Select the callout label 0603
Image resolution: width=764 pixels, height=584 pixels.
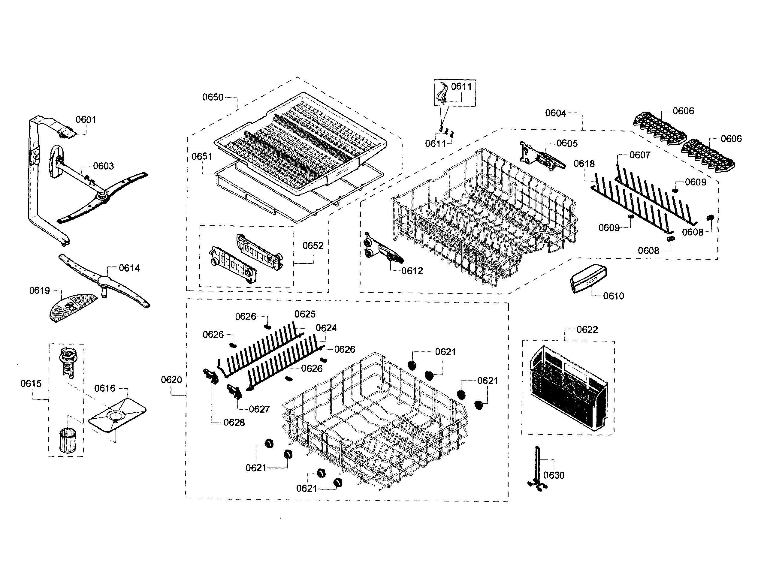103,166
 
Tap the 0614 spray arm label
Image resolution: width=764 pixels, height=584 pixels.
129,268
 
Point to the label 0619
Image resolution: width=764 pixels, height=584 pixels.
39,290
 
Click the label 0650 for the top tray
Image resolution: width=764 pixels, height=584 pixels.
213,97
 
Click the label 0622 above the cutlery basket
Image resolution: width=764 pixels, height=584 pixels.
587,329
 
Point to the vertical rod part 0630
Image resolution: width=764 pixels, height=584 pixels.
538,468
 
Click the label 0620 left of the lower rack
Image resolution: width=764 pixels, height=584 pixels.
171,380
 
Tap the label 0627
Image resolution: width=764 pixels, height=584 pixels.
259,409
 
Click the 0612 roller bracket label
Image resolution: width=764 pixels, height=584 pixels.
412,270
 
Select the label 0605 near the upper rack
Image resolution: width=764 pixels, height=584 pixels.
567,143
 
